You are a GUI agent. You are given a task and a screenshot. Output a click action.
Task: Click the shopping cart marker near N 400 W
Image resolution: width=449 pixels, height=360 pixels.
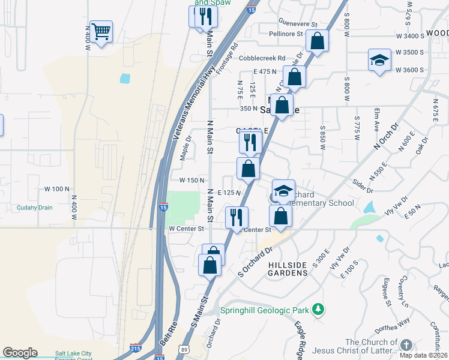pos(101,31)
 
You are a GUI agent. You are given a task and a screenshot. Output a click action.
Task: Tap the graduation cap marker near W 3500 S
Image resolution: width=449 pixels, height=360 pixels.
pos(379,61)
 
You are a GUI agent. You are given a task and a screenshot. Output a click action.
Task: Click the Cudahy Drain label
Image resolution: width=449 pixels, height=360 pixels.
pos(35,208)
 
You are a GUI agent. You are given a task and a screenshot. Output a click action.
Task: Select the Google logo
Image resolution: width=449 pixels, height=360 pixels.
pos(20,353)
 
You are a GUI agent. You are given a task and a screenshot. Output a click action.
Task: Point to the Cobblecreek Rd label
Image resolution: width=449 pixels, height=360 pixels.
pos(261,58)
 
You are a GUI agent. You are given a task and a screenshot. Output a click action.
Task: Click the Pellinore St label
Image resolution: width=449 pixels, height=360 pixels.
pos(286,34)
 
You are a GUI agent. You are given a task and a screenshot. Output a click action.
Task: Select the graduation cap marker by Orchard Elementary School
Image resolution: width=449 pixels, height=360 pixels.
pos(283,191)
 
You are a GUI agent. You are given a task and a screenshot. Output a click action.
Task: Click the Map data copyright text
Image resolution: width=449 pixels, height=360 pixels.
pos(422,355)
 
